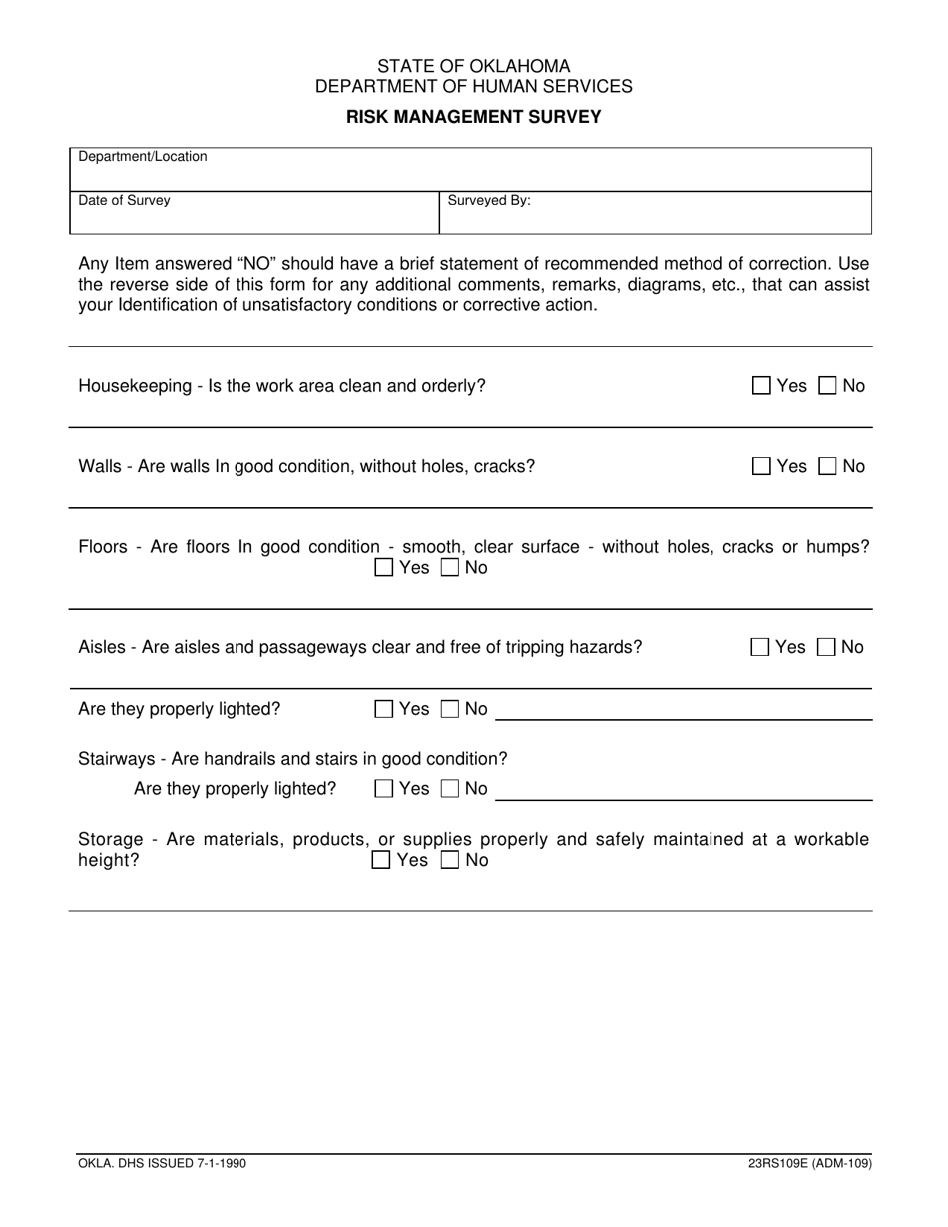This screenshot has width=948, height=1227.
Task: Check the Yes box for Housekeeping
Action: [x=761, y=386]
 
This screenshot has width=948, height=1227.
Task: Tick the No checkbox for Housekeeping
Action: [x=828, y=386]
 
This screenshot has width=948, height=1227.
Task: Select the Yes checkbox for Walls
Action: [x=761, y=466]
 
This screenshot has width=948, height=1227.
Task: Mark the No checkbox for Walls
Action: [x=828, y=466]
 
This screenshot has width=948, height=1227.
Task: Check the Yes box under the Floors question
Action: [x=384, y=568]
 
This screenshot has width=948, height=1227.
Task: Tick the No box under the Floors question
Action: [x=450, y=568]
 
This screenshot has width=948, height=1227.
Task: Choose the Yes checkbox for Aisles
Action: [x=760, y=647]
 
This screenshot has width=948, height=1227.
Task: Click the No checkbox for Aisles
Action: [x=827, y=647]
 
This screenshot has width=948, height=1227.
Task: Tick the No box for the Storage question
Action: [x=450, y=860]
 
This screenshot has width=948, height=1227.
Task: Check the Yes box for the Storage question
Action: [x=382, y=860]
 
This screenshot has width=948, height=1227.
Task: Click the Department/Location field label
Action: [x=143, y=157]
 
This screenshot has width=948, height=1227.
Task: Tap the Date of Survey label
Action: [x=124, y=200]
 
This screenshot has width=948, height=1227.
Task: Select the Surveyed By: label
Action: [x=488, y=200]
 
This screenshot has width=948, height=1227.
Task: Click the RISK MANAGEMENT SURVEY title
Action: [x=473, y=117]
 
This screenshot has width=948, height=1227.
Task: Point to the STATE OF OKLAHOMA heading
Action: [x=473, y=67]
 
